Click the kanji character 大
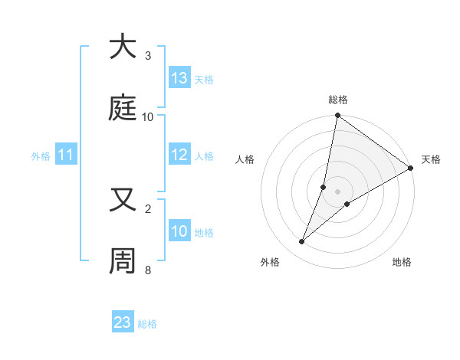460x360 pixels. pos(123,47)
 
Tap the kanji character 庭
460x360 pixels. pos(123,108)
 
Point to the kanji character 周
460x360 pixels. pos(123,261)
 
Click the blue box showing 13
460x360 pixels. pos(179,78)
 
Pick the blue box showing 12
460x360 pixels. pos(179,155)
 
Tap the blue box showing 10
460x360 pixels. pos(179,232)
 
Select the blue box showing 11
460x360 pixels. pos(66,155)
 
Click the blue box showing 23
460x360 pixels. pos(123,322)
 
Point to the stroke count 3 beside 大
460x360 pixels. pos(148,56)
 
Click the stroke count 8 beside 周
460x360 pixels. pos(148,270)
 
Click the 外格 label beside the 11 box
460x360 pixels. pos(41,156)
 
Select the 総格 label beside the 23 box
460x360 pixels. pos(147,324)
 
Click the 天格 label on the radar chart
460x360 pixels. pos(431,159)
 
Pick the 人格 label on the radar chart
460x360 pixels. pos(245,159)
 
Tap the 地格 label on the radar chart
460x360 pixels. pos(402,262)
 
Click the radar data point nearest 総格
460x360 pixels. pos(337,116)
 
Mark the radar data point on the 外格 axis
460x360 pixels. pos(302,242)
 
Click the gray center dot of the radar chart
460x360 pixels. pos(338,191)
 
